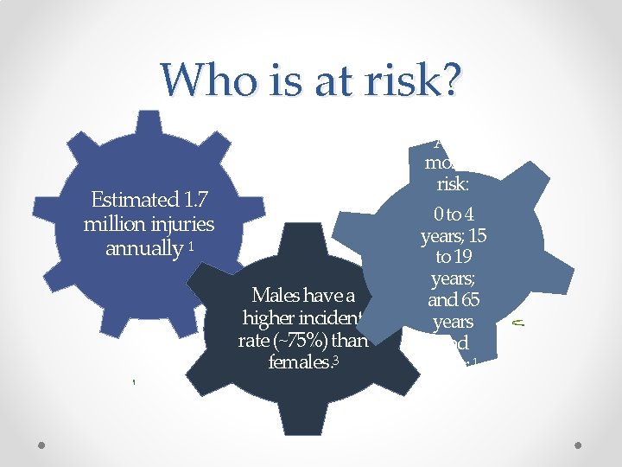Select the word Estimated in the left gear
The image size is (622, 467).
pyautogui.click(x=130, y=200)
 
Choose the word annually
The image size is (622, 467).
pyautogui.click(x=141, y=249)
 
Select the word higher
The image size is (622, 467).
pyautogui.click(x=270, y=317)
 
